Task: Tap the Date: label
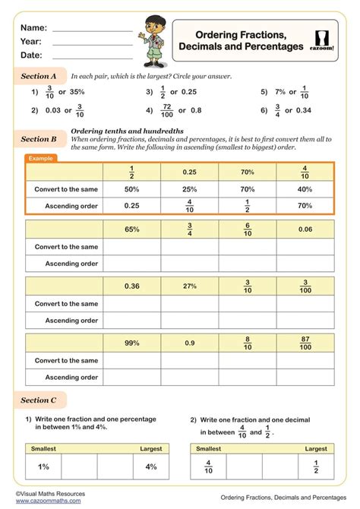coord(31,55)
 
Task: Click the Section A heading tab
coord(39,77)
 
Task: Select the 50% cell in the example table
coord(131,188)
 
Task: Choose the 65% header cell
coord(131,229)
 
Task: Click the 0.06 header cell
coord(305,229)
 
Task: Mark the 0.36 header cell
coord(131,286)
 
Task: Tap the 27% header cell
coord(189,286)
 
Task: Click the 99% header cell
coord(131,343)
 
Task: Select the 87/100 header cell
coord(305,343)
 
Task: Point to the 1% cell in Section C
coord(43,466)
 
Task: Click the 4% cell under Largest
coord(151,466)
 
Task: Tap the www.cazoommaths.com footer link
coord(46,501)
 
